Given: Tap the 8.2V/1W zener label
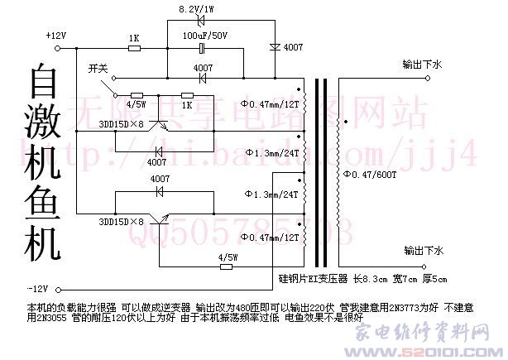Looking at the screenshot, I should click(x=198, y=10).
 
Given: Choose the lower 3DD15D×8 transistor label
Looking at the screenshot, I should click(x=121, y=222).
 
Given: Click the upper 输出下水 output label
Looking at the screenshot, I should click(x=423, y=64).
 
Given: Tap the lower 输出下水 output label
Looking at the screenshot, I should click(x=423, y=249).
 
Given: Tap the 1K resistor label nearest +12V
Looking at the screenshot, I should click(x=133, y=38).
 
